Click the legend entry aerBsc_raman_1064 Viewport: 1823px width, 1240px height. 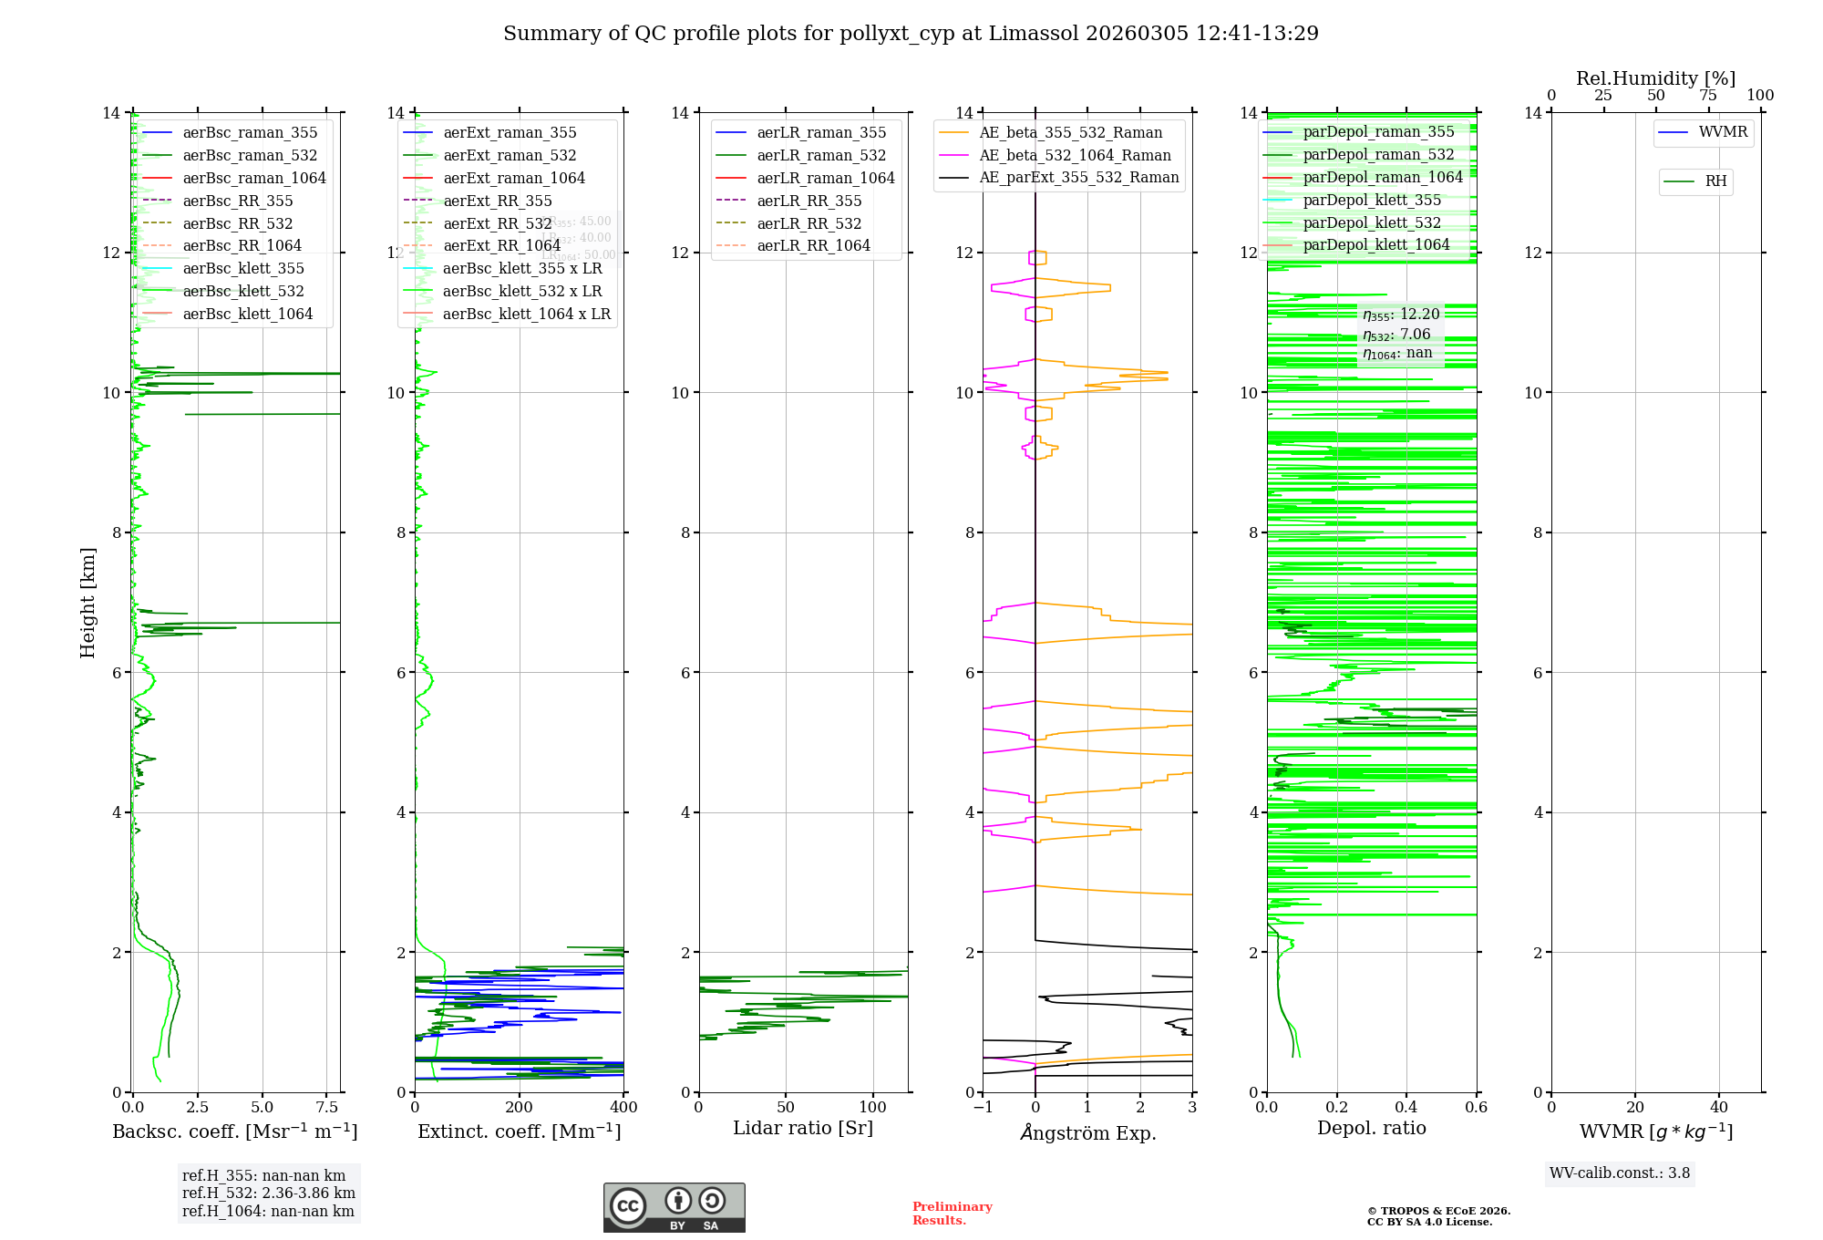click(x=253, y=178)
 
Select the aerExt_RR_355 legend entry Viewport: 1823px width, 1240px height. click(x=497, y=201)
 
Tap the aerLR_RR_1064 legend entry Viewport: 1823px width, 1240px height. click(x=813, y=245)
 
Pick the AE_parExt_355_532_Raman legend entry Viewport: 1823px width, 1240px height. click(x=1078, y=177)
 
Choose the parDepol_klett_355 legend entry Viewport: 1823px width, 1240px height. click(x=1372, y=200)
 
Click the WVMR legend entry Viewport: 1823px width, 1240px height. click(x=1723, y=132)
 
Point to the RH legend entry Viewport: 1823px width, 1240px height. click(x=1715, y=181)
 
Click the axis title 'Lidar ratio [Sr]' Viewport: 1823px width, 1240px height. click(x=803, y=1128)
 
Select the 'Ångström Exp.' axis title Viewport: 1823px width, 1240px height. click(x=1088, y=1132)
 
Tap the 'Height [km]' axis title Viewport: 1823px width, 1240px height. click(x=88, y=602)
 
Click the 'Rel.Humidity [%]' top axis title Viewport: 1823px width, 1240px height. click(x=1655, y=78)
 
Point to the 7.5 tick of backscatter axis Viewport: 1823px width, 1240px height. click(x=327, y=1108)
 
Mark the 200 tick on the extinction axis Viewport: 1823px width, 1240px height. click(x=520, y=1108)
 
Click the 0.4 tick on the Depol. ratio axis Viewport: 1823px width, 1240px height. click(x=1406, y=1108)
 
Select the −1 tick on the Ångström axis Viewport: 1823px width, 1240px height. click(x=983, y=1108)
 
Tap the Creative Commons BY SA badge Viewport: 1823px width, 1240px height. click(x=674, y=1207)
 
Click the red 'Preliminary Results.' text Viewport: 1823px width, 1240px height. click(x=952, y=1214)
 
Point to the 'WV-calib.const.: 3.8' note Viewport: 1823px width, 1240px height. click(x=1620, y=1173)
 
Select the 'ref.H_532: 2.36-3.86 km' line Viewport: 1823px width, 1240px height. click(x=268, y=1193)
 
